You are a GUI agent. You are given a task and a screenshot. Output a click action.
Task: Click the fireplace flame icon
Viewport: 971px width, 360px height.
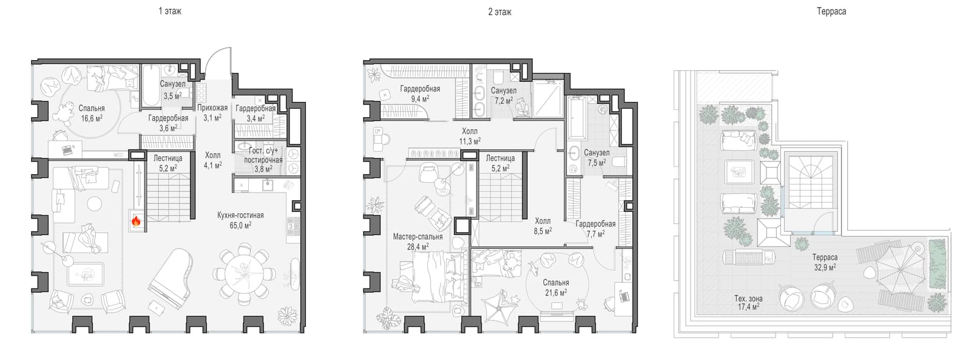136,222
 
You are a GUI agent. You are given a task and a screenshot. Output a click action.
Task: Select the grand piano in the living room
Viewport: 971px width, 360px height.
171,274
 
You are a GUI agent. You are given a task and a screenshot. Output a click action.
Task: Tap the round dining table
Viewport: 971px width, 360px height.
244,274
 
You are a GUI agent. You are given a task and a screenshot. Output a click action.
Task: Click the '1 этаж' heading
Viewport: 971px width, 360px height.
170,12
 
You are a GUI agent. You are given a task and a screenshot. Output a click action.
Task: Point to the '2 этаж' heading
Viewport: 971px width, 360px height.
500,12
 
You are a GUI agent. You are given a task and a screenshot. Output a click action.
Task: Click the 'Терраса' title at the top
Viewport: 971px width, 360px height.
831,12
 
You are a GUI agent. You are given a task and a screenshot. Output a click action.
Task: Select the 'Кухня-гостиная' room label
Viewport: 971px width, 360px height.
240,215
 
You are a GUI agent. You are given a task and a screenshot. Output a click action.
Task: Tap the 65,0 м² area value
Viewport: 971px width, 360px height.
240,225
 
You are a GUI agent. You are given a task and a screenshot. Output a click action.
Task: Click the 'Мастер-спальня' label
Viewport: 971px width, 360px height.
418,237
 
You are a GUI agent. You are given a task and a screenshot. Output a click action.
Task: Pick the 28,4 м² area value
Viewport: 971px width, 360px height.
418,247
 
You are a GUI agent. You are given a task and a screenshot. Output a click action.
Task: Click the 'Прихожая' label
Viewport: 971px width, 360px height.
212,107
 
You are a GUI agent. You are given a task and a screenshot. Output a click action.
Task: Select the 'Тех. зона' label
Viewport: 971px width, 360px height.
748,299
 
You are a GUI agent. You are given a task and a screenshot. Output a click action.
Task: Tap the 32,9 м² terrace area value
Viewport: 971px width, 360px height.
825,267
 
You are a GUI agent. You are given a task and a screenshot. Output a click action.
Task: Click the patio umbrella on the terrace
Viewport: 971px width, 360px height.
900,270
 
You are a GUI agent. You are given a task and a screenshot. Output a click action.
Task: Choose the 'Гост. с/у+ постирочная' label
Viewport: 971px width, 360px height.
263,155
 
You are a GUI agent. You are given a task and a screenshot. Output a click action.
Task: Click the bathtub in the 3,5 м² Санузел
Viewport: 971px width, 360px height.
151,85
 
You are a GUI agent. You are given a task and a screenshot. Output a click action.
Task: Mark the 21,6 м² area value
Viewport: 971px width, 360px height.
556,293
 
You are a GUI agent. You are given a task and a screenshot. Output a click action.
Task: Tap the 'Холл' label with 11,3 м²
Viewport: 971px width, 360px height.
470,131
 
